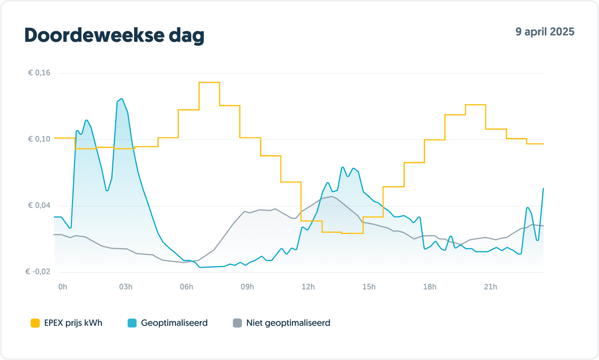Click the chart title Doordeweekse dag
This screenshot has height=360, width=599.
click(x=114, y=36)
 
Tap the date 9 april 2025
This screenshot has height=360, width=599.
click(x=544, y=32)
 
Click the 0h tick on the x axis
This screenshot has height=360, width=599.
click(x=63, y=287)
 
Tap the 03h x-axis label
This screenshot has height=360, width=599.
click(x=126, y=287)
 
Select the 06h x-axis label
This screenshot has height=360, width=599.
click(x=186, y=287)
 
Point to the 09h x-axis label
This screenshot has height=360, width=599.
click(x=247, y=287)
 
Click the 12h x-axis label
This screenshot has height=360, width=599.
click(x=308, y=287)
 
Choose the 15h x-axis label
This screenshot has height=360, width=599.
click(x=369, y=287)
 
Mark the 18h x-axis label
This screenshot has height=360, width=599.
click(x=430, y=287)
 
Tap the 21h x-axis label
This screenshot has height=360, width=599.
click(x=490, y=287)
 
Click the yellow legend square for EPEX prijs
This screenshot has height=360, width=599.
click(x=35, y=323)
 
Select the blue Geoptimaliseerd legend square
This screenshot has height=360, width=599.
click(x=132, y=323)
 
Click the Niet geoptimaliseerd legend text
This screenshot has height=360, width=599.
click(x=288, y=323)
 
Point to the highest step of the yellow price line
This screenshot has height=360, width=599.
click(x=209, y=82)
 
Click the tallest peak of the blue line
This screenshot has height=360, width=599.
click(x=121, y=99)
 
